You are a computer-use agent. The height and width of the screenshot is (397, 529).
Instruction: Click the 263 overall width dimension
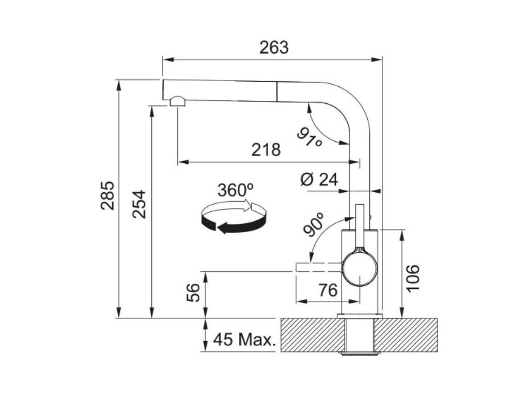click(x=274, y=48)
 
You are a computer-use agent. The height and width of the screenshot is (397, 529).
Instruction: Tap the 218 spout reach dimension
click(x=266, y=149)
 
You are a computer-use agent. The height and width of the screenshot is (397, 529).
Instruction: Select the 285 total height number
click(x=108, y=195)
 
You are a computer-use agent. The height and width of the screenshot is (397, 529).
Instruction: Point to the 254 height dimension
click(x=139, y=204)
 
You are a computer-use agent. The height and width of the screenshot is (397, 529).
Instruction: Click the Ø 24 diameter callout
click(x=319, y=179)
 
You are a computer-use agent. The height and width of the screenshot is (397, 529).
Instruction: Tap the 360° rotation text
click(x=236, y=190)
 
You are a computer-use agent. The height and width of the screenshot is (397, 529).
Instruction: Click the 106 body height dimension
click(x=412, y=278)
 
